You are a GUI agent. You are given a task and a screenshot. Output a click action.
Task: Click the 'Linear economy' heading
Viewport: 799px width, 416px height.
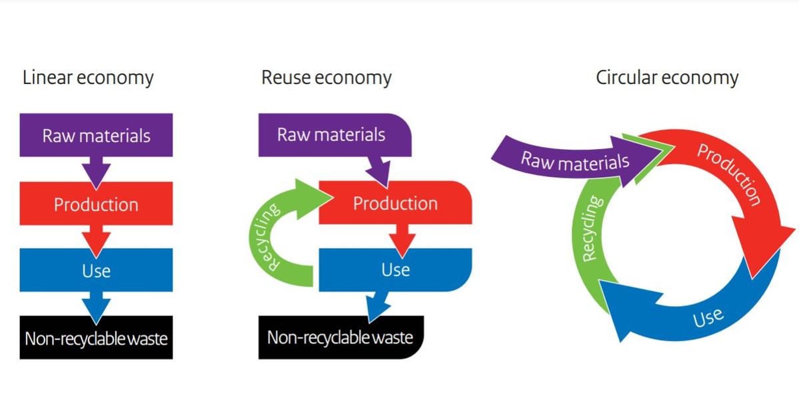pyautogui.click(x=88, y=78)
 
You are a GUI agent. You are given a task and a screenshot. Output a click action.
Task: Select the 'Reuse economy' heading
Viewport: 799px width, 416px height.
pyautogui.click(x=326, y=78)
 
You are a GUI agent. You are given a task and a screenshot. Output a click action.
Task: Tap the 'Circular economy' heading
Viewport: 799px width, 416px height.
pyautogui.click(x=666, y=78)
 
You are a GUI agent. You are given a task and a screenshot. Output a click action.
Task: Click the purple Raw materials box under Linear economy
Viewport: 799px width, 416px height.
pyautogui.click(x=96, y=135)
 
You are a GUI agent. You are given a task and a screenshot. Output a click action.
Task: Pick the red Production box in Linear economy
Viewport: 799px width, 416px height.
pyautogui.click(x=96, y=204)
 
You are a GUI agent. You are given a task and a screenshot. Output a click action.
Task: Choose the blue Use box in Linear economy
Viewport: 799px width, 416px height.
pyautogui.click(x=96, y=270)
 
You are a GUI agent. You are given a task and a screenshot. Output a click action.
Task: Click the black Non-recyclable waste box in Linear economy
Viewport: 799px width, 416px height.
pyautogui.click(x=96, y=338)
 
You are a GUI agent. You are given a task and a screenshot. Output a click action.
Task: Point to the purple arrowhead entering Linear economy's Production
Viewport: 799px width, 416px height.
pyautogui.click(x=96, y=174)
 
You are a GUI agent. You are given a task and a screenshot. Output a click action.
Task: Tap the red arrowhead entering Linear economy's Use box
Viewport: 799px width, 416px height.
pyautogui.click(x=96, y=241)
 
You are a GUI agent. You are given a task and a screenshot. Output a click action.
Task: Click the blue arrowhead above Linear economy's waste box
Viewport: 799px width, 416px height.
pyautogui.click(x=96, y=307)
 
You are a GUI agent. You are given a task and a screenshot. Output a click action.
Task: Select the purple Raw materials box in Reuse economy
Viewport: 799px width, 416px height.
pyautogui.click(x=331, y=134)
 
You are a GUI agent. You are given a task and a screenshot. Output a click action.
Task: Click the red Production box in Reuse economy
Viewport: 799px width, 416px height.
pyautogui.click(x=395, y=202)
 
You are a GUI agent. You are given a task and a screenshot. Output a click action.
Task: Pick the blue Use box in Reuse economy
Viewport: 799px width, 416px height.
pyautogui.click(x=395, y=270)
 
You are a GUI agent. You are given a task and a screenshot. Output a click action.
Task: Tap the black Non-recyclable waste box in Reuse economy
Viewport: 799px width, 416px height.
pyautogui.click(x=340, y=337)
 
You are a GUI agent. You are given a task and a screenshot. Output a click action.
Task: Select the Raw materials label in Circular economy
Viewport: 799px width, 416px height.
pyautogui.click(x=574, y=161)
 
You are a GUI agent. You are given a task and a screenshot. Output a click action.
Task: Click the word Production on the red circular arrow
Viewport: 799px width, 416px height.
pyautogui.click(x=729, y=174)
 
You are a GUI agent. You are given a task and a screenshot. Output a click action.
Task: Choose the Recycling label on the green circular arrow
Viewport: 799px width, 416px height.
pyautogui.click(x=592, y=228)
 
